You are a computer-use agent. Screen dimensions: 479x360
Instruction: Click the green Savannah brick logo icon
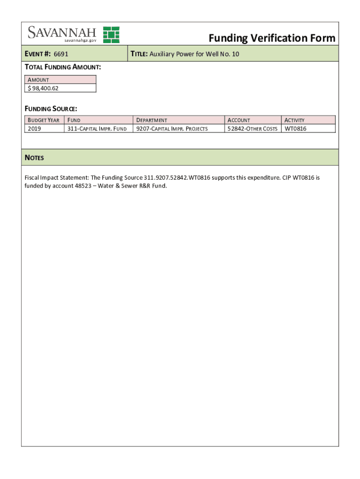tap(111, 35)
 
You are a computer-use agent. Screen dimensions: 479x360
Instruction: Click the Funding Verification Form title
tap(272, 38)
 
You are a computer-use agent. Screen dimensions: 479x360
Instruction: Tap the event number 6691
tap(61, 54)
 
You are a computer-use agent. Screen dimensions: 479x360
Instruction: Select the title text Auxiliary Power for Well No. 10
tap(194, 54)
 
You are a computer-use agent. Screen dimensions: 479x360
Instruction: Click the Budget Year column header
tap(43, 120)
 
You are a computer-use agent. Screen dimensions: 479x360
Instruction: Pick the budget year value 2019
tap(35, 129)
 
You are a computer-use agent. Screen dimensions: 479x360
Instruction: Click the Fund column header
tap(74, 120)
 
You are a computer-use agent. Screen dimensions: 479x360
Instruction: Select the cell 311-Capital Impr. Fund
tap(97, 129)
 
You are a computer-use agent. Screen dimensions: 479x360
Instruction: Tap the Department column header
tap(151, 120)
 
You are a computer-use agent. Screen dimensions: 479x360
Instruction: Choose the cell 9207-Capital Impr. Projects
tap(172, 129)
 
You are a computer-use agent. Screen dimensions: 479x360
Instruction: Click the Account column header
tap(238, 120)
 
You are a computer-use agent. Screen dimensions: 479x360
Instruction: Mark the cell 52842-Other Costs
tap(252, 129)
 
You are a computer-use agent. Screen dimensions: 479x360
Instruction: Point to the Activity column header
tap(295, 120)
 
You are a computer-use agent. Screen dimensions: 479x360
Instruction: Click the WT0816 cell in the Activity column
tap(295, 129)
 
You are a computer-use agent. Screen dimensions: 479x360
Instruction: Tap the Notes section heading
tap(34, 158)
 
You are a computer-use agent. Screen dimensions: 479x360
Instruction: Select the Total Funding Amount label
tap(63, 67)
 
